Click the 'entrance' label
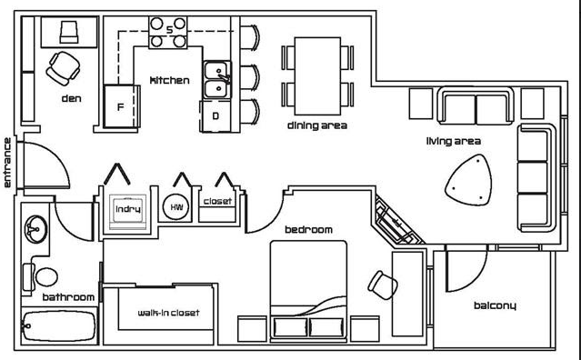point(7,163)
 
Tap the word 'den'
point(71,98)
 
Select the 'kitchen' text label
point(169,80)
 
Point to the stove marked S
point(168,32)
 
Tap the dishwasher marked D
point(216,116)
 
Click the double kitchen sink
point(217,80)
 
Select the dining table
point(317,76)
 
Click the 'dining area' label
point(317,125)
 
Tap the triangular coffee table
point(469,180)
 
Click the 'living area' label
point(454,141)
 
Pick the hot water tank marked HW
point(175,207)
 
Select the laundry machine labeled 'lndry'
point(128,210)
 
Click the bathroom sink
point(36,229)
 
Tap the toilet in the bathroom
point(42,277)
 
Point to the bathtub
point(59,325)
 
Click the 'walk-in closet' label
point(168,313)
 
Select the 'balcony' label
point(495,305)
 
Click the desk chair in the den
point(64,68)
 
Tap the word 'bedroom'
point(308,230)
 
